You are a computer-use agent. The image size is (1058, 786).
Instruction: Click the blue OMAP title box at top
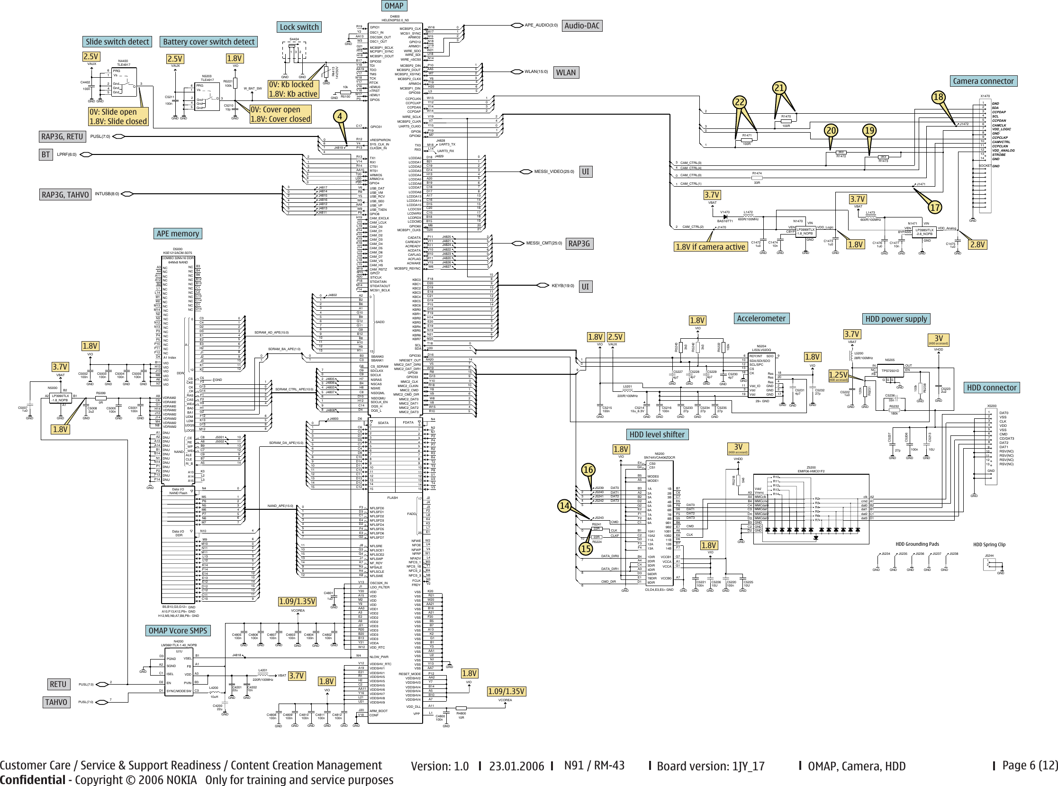coord(393,6)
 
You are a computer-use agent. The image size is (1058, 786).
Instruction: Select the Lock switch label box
coord(299,27)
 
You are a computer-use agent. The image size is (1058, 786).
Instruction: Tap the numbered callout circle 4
coord(339,117)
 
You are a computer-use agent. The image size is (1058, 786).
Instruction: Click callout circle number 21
coord(779,88)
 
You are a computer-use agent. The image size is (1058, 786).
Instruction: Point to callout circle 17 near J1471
coord(935,208)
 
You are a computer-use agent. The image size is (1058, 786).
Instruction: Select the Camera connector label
coord(983,81)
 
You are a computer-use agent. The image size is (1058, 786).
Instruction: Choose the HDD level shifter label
coord(657,434)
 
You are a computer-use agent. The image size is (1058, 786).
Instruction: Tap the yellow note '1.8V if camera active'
coord(710,247)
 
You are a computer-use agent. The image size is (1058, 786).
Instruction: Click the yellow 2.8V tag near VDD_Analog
coord(977,244)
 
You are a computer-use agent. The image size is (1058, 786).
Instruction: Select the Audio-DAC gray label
coord(582,26)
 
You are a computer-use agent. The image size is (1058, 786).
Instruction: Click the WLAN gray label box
coord(566,73)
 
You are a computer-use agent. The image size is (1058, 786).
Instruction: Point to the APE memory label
coord(178,234)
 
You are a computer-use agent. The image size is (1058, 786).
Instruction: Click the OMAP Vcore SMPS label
coord(178,631)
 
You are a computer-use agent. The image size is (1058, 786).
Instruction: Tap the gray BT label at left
coord(45,154)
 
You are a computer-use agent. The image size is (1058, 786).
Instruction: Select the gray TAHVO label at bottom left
coord(56,702)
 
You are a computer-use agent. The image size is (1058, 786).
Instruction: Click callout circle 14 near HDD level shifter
coord(564,506)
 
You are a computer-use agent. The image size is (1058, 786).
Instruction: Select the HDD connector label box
coord(991,388)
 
